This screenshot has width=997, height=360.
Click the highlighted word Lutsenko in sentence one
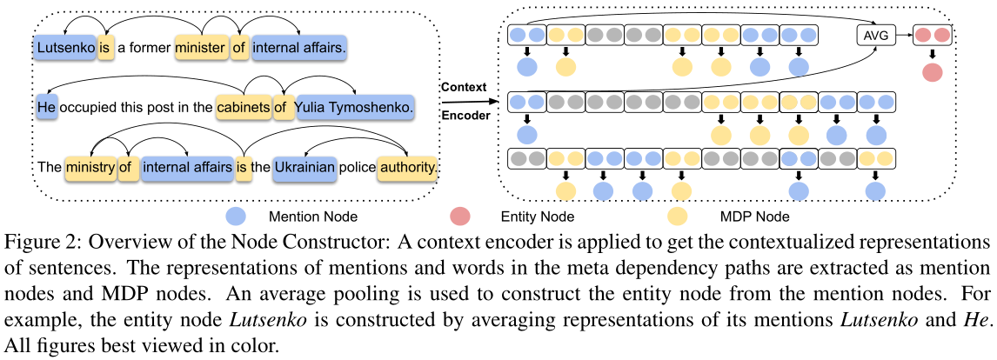(x=65, y=49)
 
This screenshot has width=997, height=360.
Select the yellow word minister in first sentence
(x=201, y=49)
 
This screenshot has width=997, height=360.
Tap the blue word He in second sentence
(x=46, y=107)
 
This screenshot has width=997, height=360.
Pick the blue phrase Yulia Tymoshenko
(x=353, y=107)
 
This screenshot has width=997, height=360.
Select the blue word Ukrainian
(x=304, y=165)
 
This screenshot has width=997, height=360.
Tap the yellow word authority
(x=407, y=165)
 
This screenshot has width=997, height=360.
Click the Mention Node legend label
(x=302, y=215)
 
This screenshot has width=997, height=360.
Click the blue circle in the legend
(x=235, y=215)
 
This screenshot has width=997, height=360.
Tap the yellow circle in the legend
(x=678, y=215)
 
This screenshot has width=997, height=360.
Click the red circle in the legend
(x=461, y=215)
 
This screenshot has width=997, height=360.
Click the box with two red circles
(x=932, y=36)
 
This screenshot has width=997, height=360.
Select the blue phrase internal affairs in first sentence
(x=299, y=49)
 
